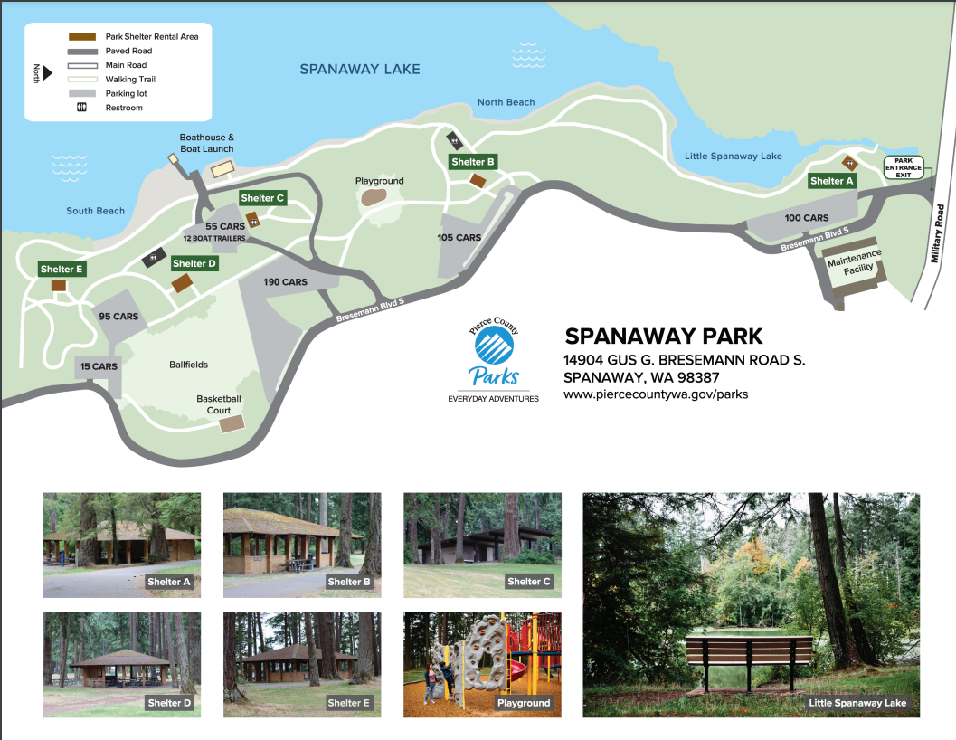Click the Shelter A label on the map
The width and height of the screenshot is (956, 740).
(831, 181)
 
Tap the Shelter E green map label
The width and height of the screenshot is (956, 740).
(62, 269)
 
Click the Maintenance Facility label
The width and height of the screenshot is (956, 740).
(854, 263)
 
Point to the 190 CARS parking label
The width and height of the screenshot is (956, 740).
(286, 282)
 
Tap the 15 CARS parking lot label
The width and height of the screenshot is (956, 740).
(98, 366)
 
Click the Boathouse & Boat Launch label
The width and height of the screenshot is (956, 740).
(206, 143)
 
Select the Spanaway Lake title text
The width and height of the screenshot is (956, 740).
(360, 69)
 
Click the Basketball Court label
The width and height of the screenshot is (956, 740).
(219, 404)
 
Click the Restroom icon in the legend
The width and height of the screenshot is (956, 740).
(81, 108)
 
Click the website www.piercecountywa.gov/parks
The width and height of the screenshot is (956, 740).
(655, 394)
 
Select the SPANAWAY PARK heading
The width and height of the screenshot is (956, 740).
(664, 337)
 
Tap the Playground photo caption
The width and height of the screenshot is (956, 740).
(524, 702)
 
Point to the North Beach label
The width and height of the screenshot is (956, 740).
(506, 102)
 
